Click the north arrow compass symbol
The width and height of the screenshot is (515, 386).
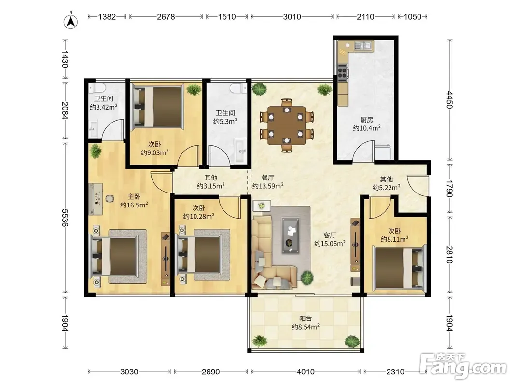[x=70, y=21]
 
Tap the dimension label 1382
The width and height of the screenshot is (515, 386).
[x=107, y=17]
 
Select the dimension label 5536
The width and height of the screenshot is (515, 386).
[x=65, y=218]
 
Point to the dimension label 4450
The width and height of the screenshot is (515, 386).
[x=450, y=100]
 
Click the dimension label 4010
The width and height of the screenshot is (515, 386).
[x=306, y=372]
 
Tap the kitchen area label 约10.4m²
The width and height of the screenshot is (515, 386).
[x=367, y=128]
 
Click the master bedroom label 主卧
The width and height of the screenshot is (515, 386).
[x=134, y=196]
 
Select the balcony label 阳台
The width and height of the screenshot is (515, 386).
[x=306, y=318]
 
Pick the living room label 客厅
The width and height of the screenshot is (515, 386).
[x=330, y=235]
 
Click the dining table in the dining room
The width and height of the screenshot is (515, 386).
[x=287, y=125]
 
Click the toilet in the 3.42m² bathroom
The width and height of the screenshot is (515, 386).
[x=97, y=87]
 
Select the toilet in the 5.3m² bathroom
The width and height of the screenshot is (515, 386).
[x=238, y=88]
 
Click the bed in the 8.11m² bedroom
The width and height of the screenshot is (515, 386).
[x=399, y=268]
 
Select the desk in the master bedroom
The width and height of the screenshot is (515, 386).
[x=96, y=199]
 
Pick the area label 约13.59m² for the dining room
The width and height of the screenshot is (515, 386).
[x=268, y=186]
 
